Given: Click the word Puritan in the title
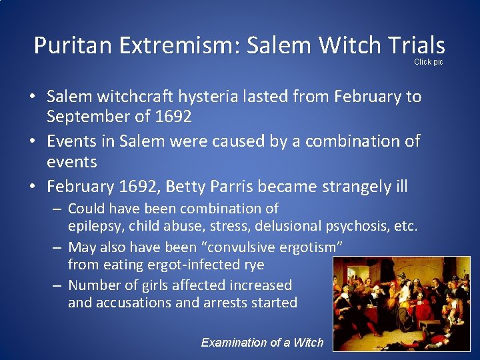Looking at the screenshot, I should pyautogui.click(x=74, y=45).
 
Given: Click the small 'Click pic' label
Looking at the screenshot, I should pyautogui.click(x=428, y=62).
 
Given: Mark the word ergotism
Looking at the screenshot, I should pyautogui.click(x=311, y=247).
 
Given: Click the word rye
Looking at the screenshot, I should pyautogui.click(x=253, y=265).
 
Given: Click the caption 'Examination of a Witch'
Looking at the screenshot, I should pyautogui.click(x=262, y=343).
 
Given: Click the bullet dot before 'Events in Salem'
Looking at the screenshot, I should pyautogui.click(x=31, y=141).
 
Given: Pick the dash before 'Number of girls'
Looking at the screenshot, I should pyautogui.click(x=59, y=285).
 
